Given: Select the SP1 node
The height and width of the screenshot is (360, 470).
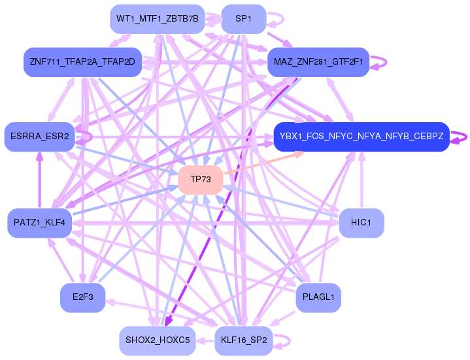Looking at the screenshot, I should [x=244, y=19].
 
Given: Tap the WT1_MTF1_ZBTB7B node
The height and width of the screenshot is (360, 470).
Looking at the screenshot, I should [x=158, y=19].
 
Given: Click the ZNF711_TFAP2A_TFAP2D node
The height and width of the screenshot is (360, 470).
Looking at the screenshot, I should [x=82, y=63].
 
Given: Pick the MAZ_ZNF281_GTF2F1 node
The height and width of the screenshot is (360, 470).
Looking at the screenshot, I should [x=318, y=63].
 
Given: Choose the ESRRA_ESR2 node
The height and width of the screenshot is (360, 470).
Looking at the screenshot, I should [x=39, y=137].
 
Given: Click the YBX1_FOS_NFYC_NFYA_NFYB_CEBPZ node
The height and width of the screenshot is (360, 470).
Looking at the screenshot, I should [x=361, y=137].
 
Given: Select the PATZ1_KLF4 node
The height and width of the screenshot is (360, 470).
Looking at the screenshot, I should [x=40, y=223].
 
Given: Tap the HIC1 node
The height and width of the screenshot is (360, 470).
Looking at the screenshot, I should [x=361, y=223].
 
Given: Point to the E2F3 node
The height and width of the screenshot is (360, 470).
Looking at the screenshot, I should [x=83, y=297].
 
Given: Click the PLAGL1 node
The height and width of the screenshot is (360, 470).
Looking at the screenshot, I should [x=318, y=297].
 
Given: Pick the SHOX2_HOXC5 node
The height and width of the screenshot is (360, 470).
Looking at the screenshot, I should [x=158, y=340].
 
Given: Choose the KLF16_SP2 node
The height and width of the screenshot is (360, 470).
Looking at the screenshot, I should [x=244, y=340].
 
